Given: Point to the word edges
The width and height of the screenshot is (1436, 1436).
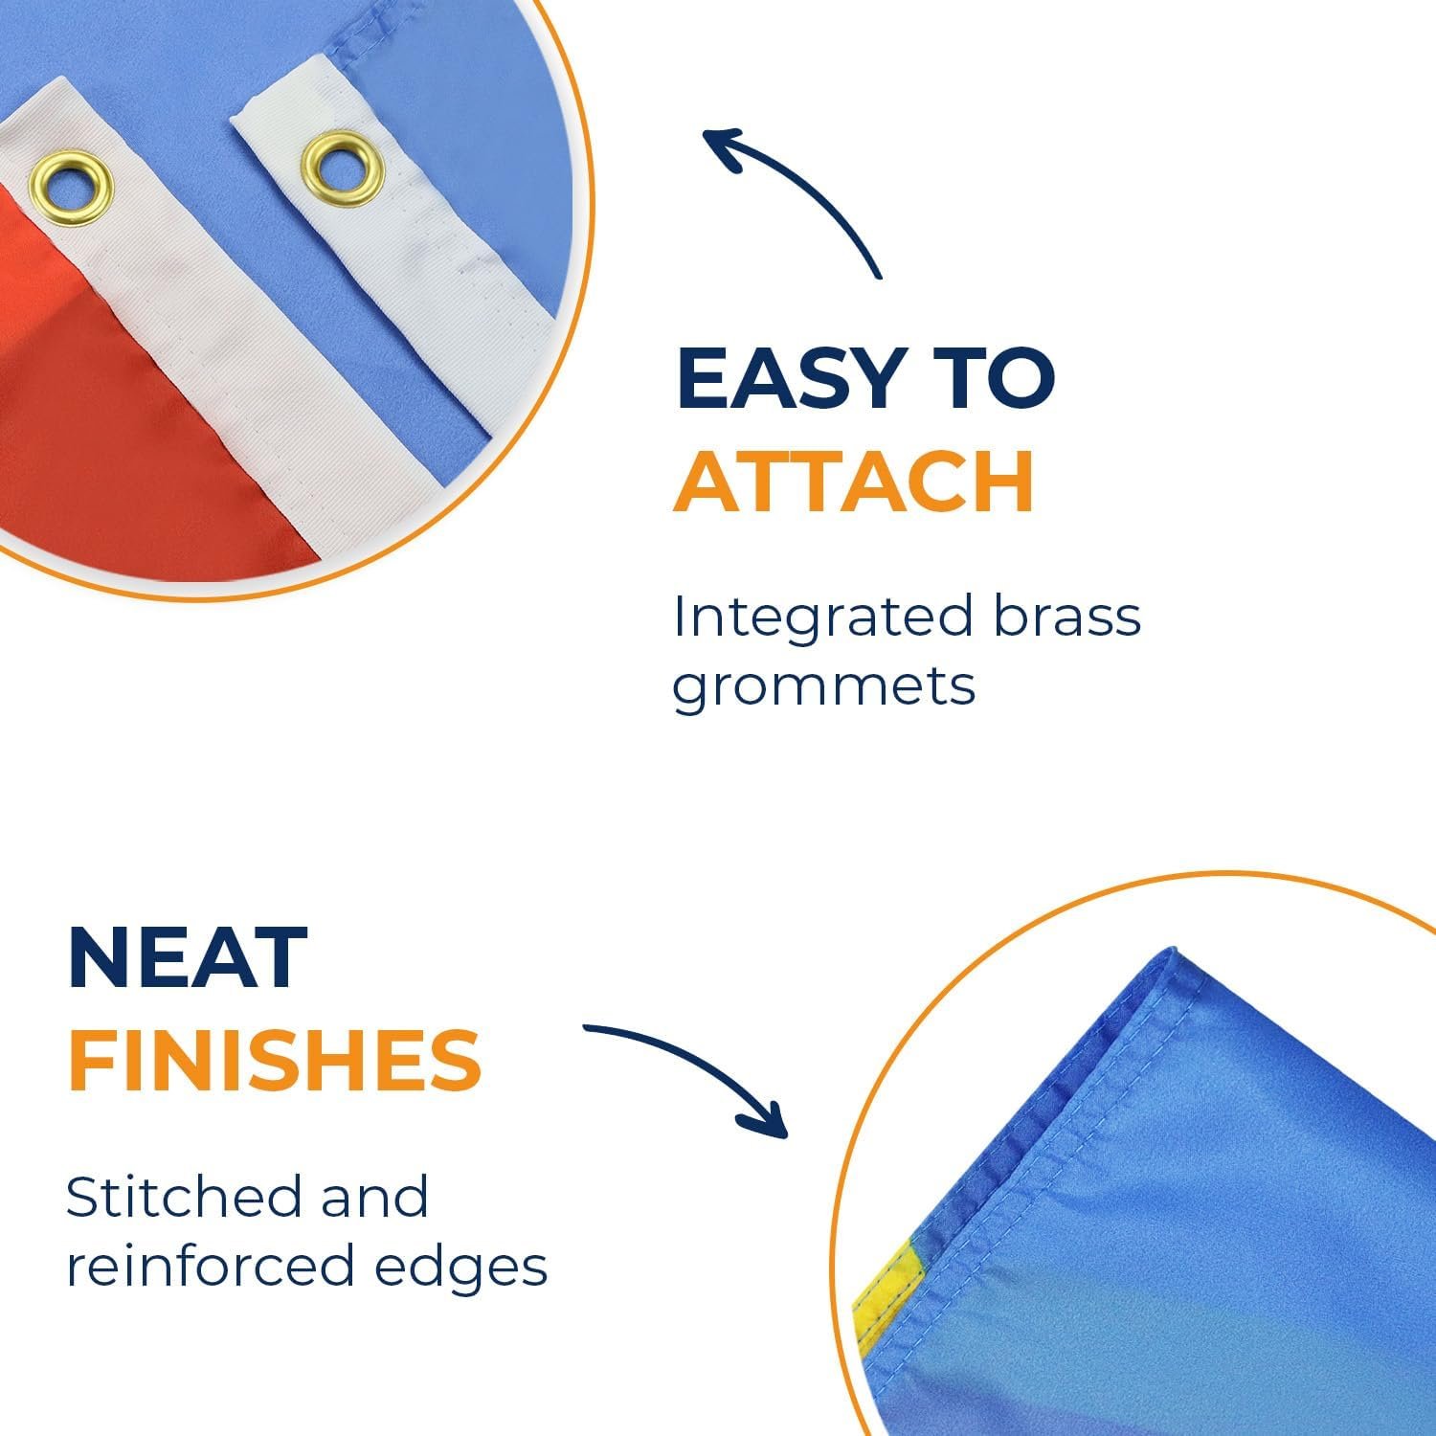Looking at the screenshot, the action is coord(461,1269).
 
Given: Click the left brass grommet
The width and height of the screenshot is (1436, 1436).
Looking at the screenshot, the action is coord(71,191).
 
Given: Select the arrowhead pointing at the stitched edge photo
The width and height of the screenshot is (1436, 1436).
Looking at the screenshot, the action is coord(766,1118).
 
